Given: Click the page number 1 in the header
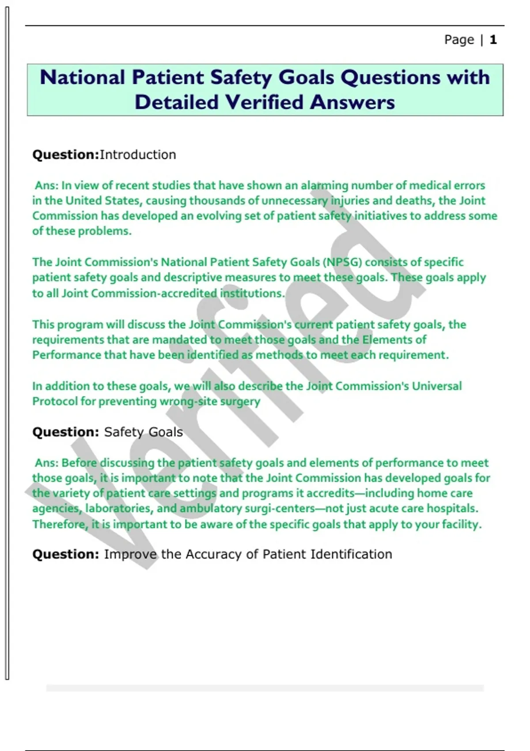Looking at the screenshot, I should coord(493,40).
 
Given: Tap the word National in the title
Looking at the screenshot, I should coord(82,77).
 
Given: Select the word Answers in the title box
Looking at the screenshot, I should coord(352,102).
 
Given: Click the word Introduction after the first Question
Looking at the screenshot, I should coord(138,155).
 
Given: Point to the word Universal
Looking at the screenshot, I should coord(437,386).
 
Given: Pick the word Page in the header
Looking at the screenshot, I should coord(459,40).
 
